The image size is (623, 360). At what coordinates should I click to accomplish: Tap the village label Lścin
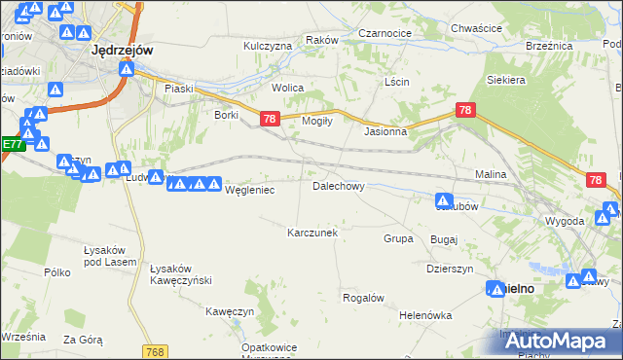pyautogui.click(x=396, y=82)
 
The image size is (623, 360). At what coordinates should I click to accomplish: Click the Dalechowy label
pyautogui.click(x=338, y=185)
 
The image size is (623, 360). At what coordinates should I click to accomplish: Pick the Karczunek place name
pyautogui.click(x=312, y=233)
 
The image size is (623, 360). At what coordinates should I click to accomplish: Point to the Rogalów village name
pyautogui.click(x=364, y=298)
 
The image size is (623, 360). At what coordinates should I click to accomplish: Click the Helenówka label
pyautogui.click(x=426, y=315)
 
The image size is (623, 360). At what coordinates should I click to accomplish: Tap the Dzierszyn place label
pyautogui.click(x=450, y=269)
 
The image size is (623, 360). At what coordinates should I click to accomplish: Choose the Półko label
pyautogui.click(x=58, y=272)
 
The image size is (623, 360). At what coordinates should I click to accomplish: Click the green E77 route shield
pyautogui.click(x=12, y=144)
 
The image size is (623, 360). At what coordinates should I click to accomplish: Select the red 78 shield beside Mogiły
pyautogui.click(x=271, y=119)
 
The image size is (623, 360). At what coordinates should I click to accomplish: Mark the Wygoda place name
pyautogui.click(x=566, y=221)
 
